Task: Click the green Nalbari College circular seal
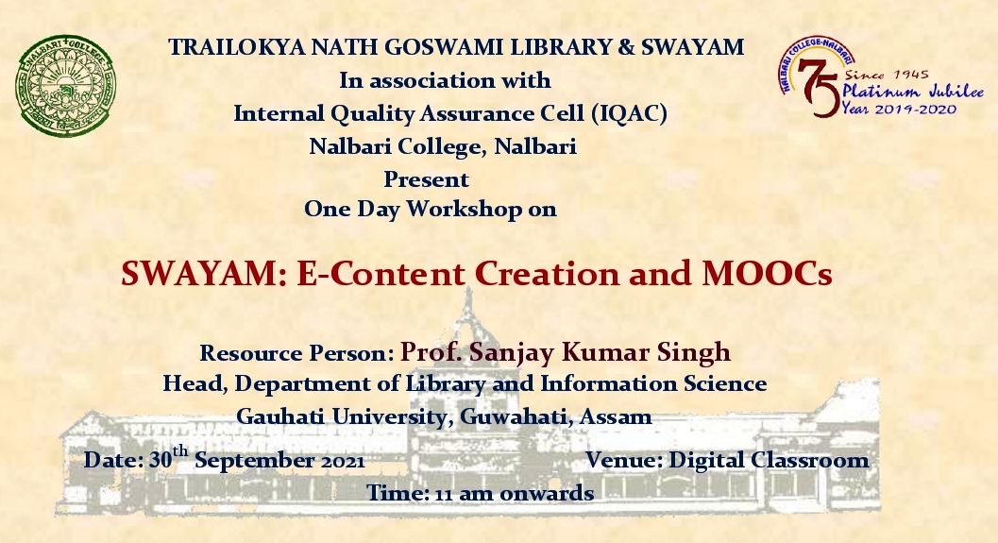[65, 86]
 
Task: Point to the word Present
[426, 178]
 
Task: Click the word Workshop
[464, 209]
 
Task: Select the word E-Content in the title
[381, 274]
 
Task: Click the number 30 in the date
[160, 460]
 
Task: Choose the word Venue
[624, 460]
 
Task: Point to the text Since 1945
[887, 75]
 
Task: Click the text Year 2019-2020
[899, 109]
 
